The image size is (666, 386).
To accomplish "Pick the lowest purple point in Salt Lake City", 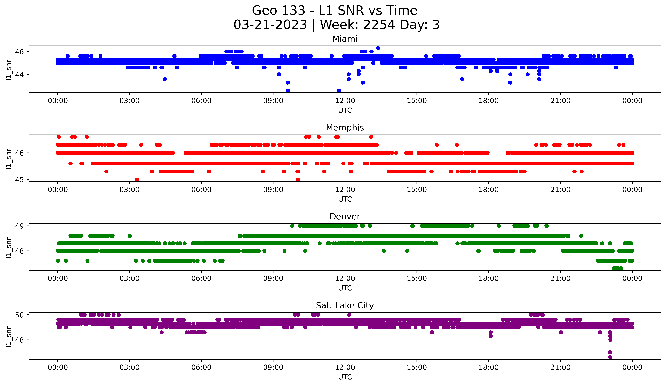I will (x=610, y=357).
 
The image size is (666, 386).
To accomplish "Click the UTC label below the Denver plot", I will (x=345, y=288).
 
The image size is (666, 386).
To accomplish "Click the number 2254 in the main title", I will (x=379, y=25).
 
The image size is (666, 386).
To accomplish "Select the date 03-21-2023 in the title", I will (x=270, y=25).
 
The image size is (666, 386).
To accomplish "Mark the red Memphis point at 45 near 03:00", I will (x=137, y=179).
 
